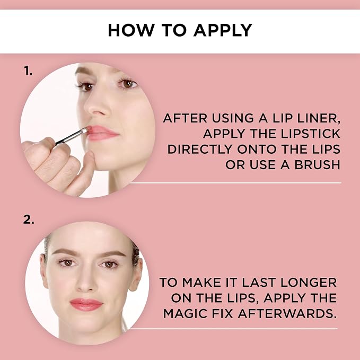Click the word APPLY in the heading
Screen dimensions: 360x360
tap(223, 30)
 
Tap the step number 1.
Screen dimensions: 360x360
tap(28, 71)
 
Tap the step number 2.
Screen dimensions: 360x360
tap(29, 219)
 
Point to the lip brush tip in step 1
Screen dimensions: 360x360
tap(84, 131)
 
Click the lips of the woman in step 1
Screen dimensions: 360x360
tap(102, 133)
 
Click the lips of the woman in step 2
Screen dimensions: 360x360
tap(86, 304)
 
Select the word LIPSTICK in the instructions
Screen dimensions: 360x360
tap(311, 134)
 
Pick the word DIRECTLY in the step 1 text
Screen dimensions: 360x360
tap(200, 149)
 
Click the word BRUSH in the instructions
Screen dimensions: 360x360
tap(317, 164)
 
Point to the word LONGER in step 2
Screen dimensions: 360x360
tap(309, 283)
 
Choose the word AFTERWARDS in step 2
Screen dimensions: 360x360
tap(287, 314)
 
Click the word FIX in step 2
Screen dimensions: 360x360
tap(223, 314)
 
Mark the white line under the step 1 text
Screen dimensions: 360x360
tap(235, 183)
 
